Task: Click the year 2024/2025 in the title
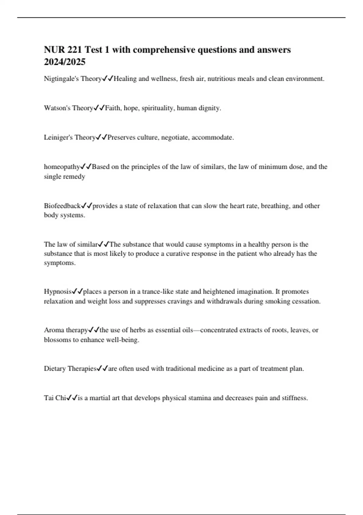tap(64, 62)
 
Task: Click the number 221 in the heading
tap(75, 50)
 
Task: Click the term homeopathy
tap(62, 167)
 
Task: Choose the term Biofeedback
tap(62, 206)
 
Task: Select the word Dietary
tap(55, 369)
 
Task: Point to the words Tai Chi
tap(55, 398)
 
